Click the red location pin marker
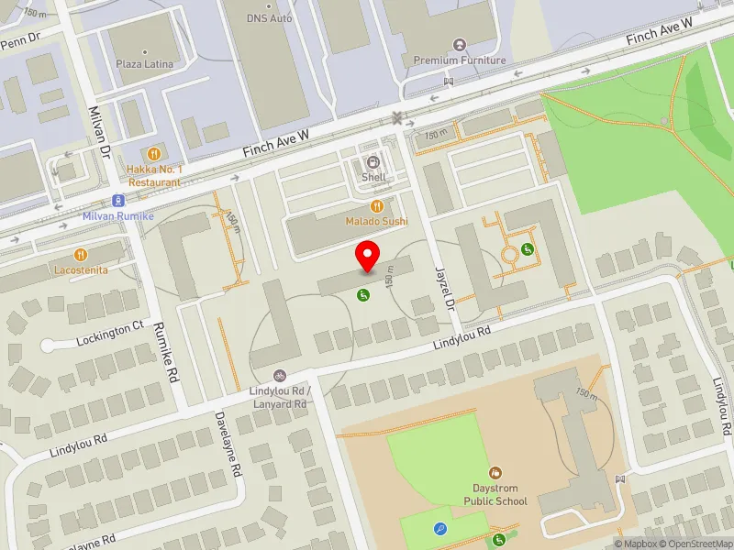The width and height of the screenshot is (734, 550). click(x=368, y=256)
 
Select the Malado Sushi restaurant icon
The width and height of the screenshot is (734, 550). click(x=377, y=207)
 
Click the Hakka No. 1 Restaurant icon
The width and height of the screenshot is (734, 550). click(x=154, y=154)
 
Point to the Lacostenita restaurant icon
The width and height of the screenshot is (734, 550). click(x=81, y=254)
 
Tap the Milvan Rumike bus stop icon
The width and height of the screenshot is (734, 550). click(x=118, y=200)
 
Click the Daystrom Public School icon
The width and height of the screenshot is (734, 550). click(x=495, y=473)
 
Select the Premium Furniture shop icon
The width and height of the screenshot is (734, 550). click(x=461, y=45)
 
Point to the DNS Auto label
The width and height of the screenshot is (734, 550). click(x=269, y=17)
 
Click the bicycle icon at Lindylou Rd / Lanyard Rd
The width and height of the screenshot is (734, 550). click(x=280, y=376)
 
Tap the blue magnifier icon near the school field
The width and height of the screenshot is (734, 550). click(x=441, y=528)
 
